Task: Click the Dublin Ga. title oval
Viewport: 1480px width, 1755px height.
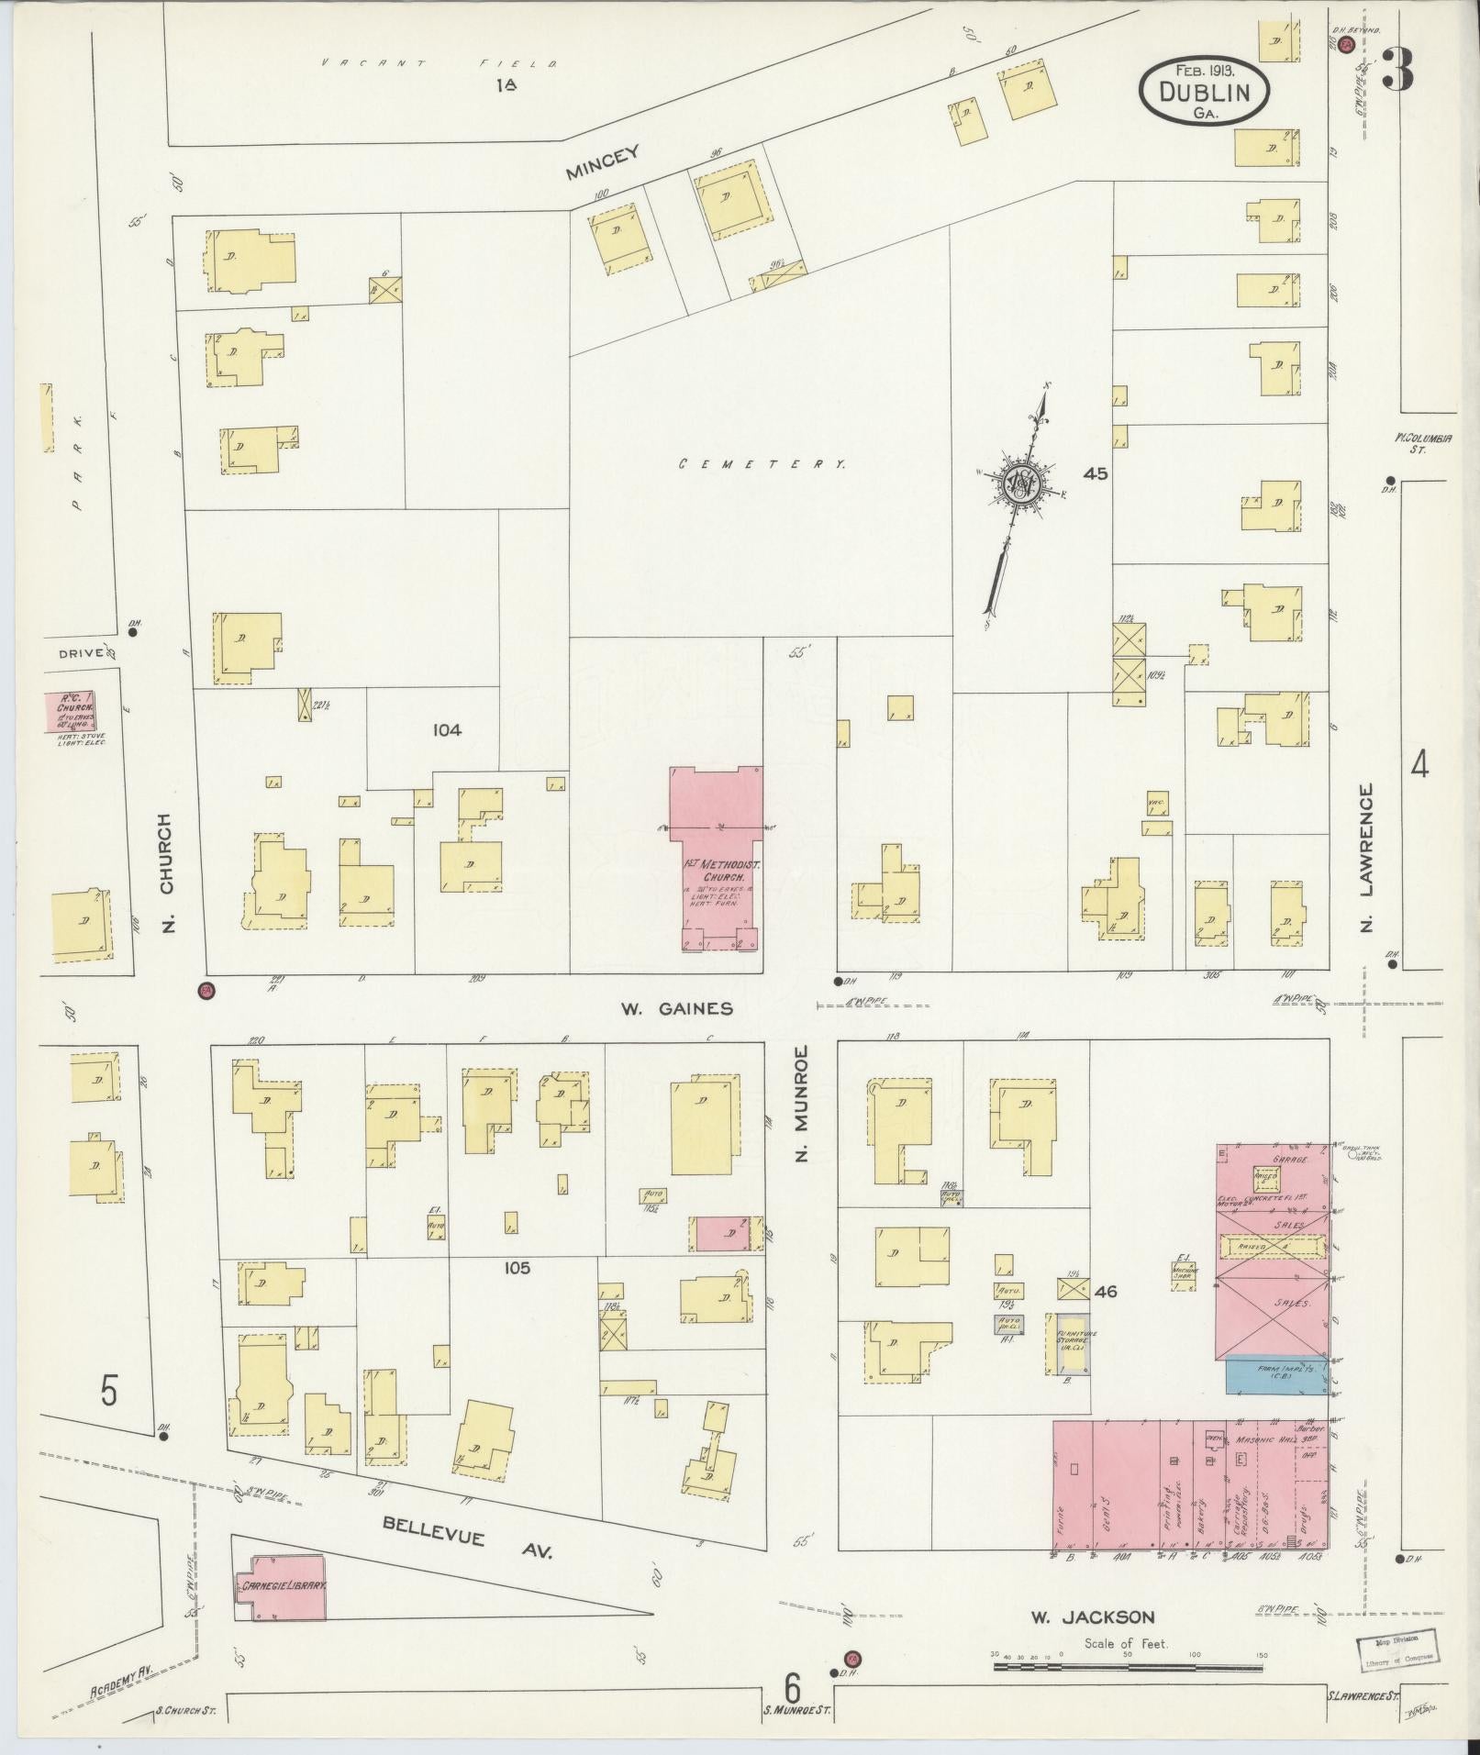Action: click(x=1204, y=91)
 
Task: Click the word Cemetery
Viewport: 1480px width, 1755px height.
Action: click(x=762, y=465)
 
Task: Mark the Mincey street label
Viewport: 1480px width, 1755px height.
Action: click(x=601, y=163)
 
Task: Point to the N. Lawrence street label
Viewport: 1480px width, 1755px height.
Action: click(x=1365, y=858)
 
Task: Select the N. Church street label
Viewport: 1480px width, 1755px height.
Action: click(x=167, y=872)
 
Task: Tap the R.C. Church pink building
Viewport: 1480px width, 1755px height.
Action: click(x=70, y=712)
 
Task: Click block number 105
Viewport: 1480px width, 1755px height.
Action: click(x=517, y=1268)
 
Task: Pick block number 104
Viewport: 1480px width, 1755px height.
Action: click(x=447, y=730)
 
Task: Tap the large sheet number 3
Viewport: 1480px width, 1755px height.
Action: click(x=1397, y=71)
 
